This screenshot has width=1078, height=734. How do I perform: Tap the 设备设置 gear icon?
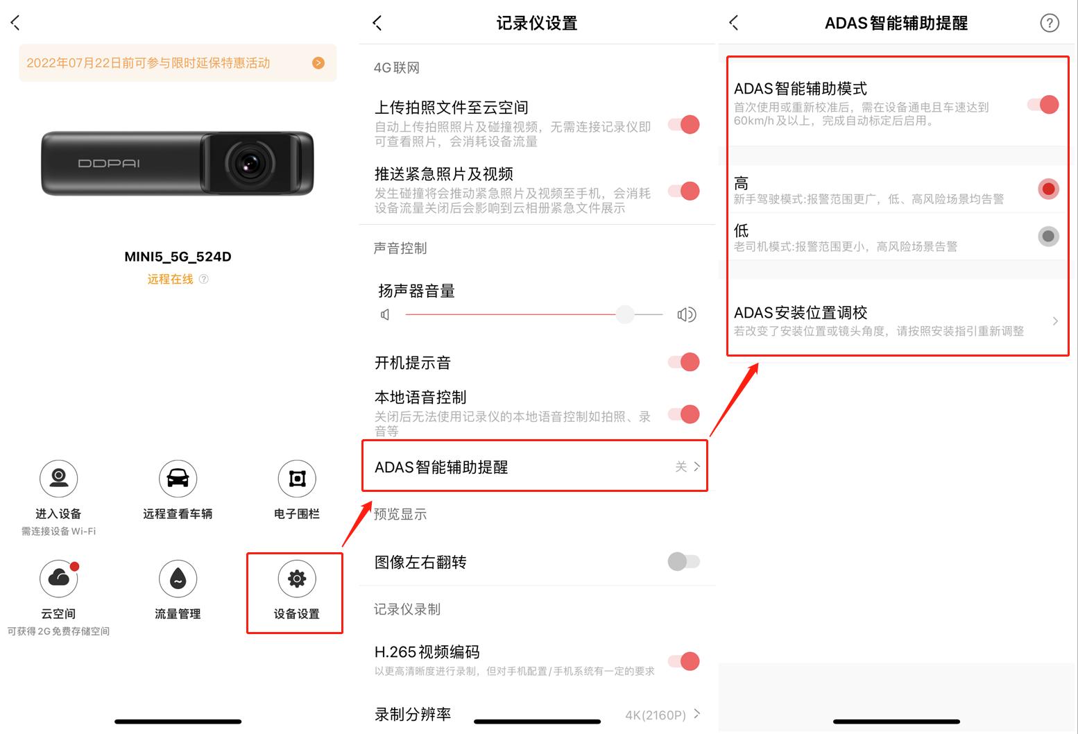click(x=297, y=579)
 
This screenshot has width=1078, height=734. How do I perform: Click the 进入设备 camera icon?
click(x=59, y=478)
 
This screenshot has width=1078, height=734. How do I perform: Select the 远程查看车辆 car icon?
click(x=178, y=478)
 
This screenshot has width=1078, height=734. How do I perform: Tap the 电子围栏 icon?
click(x=297, y=478)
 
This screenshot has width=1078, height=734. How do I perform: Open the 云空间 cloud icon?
click(x=59, y=579)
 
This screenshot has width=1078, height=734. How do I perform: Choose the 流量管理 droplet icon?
click(x=178, y=579)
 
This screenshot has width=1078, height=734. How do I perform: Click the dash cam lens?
click(x=248, y=164)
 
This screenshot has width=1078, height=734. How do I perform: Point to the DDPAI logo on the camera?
click(x=109, y=164)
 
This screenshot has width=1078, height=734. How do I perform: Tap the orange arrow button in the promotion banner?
click(x=318, y=63)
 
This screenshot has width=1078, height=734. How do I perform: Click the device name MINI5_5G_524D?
click(x=178, y=257)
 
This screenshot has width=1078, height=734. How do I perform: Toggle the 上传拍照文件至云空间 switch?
click(x=684, y=125)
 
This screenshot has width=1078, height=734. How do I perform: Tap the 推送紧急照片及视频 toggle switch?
click(x=684, y=191)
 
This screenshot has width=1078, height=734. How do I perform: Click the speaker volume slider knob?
click(x=625, y=314)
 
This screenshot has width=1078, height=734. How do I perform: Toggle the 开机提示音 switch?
click(x=684, y=362)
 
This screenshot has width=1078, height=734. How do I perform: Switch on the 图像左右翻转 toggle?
click(x=684, y=561)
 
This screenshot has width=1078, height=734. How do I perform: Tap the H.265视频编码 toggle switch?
click(x=684, y=661)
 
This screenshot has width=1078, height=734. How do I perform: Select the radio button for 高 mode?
click(x=1048, y=189)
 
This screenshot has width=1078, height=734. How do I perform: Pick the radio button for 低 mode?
click(x=1048, y=237)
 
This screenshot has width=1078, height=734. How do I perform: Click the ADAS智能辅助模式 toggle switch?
click(x=1043, y=105)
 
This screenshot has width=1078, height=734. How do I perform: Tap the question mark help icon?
click(x=1050, y=24)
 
